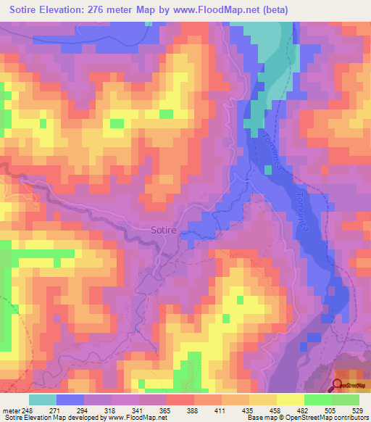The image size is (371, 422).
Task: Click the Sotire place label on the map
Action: point(163,230)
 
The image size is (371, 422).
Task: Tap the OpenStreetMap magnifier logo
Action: point(338,386)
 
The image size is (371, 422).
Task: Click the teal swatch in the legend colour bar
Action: point(43,400)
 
